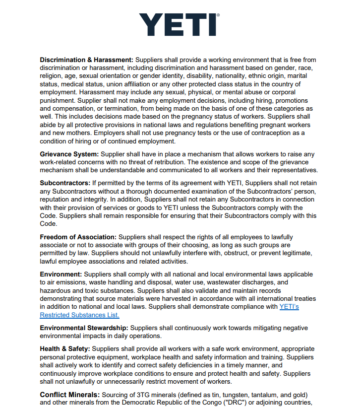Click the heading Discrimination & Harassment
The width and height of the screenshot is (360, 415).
(x=86, y=60)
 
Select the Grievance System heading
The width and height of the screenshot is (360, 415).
(x=69, y=154)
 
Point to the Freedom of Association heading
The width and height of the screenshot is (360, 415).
(x=78, y=237)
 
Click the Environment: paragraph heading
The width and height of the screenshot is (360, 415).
(x=60, y=275)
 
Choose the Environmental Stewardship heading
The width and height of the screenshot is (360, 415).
(x=84, y=328)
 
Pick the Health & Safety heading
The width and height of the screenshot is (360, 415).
(x=65, y=349)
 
